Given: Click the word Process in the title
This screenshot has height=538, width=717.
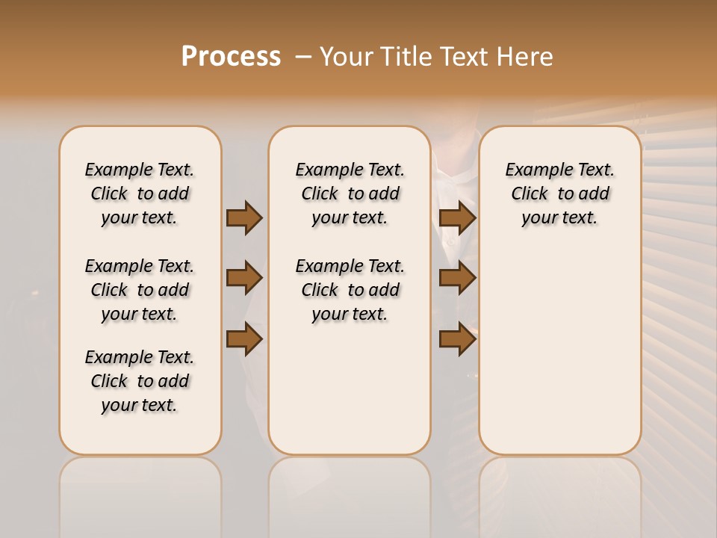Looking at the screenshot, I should [231, 57].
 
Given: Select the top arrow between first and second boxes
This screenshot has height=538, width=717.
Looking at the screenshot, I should [244, 217].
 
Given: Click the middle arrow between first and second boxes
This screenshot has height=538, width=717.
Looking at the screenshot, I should [244, 278].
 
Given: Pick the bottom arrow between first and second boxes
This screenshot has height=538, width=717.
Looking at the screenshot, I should [244, 338].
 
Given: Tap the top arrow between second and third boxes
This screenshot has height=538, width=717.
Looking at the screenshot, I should [457, 217].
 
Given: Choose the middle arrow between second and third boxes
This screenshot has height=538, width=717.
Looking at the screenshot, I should [457, 278].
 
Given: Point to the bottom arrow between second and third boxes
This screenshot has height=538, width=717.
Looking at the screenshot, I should [457, 338].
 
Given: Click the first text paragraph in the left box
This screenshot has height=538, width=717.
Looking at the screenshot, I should [140, 194].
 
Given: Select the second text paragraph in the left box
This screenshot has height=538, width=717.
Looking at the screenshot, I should [140, 290].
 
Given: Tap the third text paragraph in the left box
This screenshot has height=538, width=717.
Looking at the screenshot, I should [140, 381].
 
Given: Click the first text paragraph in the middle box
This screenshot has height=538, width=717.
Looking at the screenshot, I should [350, 194].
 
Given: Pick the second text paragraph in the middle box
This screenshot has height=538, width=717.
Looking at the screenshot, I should [350, 290].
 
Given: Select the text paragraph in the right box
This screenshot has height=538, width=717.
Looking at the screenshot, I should [560, 194].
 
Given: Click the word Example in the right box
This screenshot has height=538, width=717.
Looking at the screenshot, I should [533, 170].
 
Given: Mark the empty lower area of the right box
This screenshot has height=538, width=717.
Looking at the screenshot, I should [560, 351].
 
